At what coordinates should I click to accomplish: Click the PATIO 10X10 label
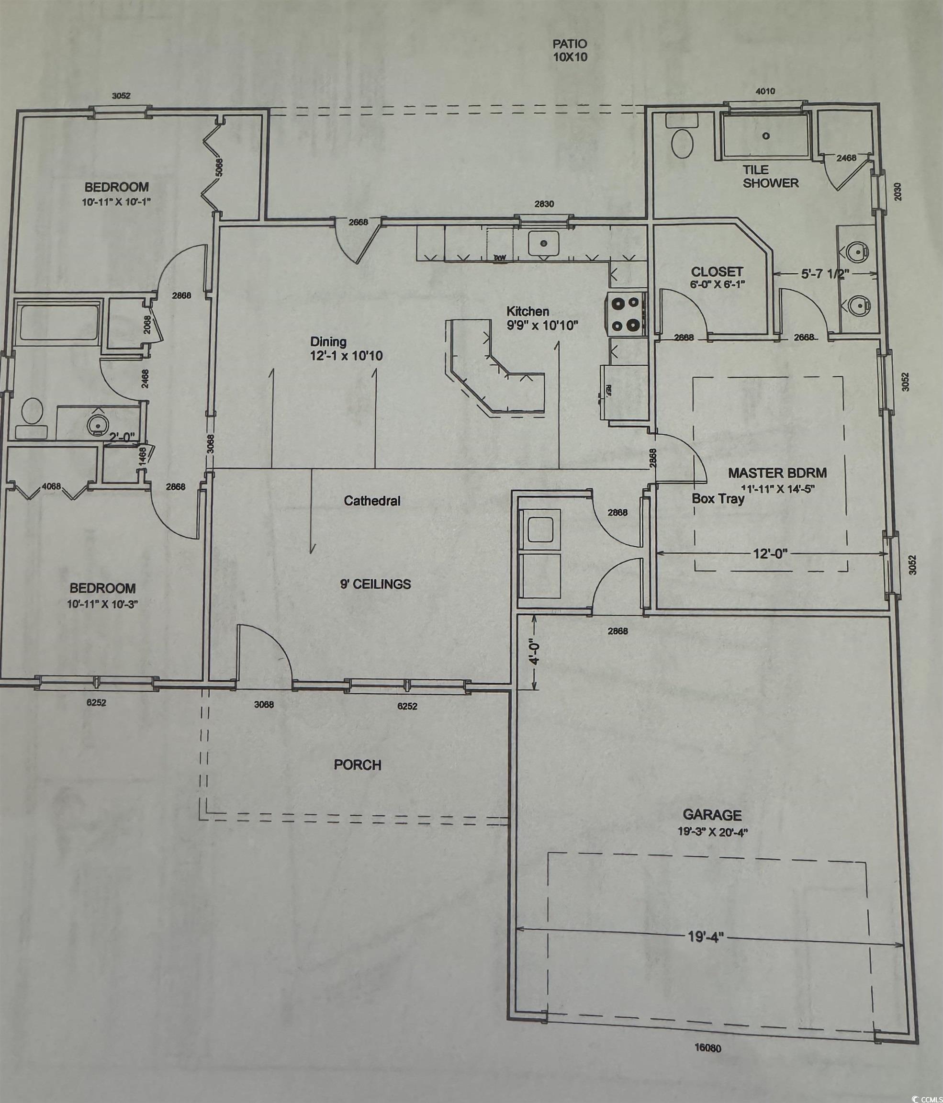pyautogui.click(x=570, y=51)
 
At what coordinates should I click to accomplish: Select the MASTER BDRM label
pyautogui.click(x=777, y=473)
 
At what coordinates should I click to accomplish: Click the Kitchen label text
pyautogui.click(x=528, y=312)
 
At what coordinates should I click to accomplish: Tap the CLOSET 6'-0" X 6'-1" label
pyautogui.click(x=717, y=277)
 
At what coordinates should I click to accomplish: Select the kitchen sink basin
pyautogui.click(x=543, y=243)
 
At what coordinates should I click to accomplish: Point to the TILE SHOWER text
pyautogui.click(x=770, y=177)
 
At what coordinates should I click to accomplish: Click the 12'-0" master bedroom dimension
pyautogui.click(x=770, y=553)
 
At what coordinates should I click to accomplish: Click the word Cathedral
pyautogui.click(x=372, y=501)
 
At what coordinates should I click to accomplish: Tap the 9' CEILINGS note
pyautogui.click(x=375, y=584)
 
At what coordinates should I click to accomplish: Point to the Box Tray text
pyautogui.click(x=718, y=499)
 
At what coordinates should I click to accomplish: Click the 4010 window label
pyautogui.click(x=765, y=91)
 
